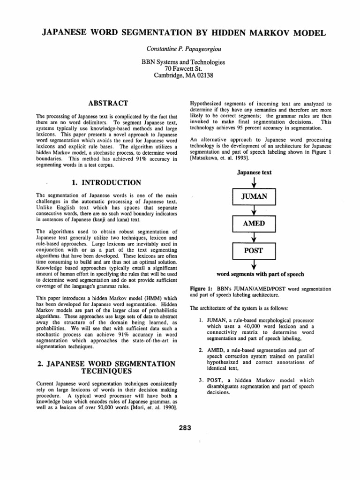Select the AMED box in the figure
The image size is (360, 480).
[x=254, y=224]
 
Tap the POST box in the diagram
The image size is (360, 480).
[x=254, y=251]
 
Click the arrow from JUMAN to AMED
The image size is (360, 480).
[x=254, y=210]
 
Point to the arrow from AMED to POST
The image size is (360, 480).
[x=254, y=237]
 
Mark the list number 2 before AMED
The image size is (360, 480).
[x=200, y=350]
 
